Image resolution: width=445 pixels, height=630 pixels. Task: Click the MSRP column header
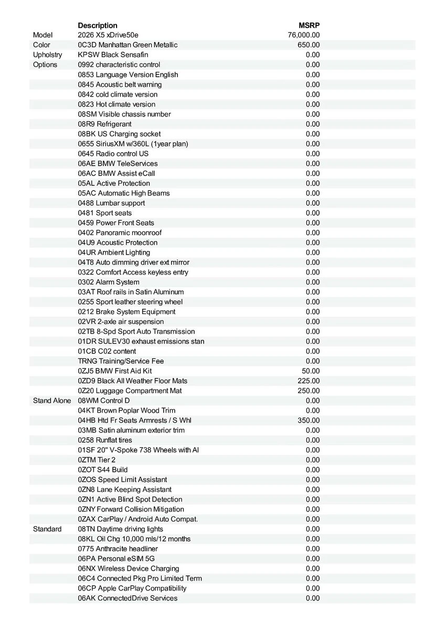click(309, 25)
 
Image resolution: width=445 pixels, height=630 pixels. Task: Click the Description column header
click(98, 25)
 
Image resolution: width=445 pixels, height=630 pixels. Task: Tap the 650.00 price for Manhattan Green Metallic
click(309, 45)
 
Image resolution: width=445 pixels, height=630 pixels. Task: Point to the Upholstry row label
click(47, 55)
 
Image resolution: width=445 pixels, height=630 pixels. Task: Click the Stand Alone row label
click(52, 401)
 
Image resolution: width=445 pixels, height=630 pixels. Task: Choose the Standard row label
click(47, 529)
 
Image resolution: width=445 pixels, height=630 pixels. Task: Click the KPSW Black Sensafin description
click(113, 55)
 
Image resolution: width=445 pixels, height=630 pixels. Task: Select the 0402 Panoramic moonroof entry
click(120, 233)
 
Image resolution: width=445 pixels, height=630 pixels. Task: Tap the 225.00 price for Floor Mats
click(309, 381)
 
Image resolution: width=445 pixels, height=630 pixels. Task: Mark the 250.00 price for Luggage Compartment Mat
click(309, 391)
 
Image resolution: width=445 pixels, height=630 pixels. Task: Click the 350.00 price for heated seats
click(309, 421)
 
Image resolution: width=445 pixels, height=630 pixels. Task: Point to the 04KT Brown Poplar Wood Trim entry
click(126, 411)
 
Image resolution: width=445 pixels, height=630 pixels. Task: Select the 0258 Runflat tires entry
click(105, 440)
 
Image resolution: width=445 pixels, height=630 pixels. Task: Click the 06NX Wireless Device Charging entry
click(129, 569)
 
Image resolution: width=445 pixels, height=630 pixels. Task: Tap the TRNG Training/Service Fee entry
click(121, 361)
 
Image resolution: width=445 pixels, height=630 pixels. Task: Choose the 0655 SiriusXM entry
click(133, 144)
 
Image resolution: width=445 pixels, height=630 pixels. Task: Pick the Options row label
click(45, 65)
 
